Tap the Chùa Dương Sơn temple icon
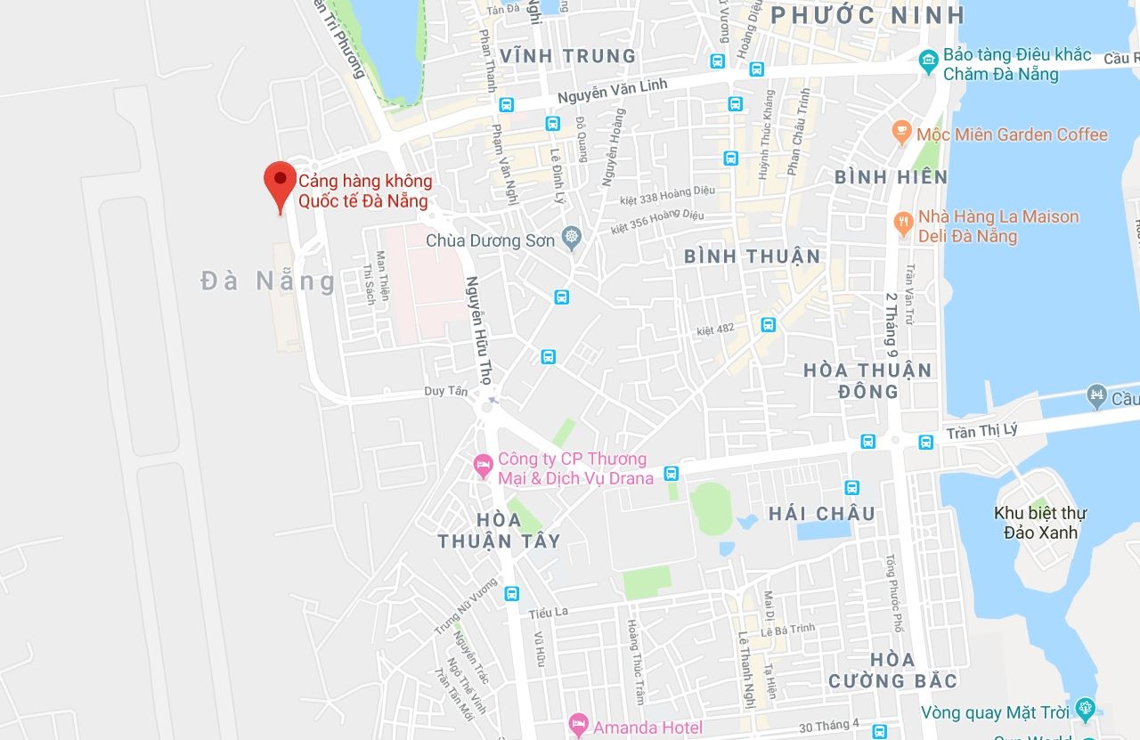(571, 239)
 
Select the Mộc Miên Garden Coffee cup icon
(901, 134)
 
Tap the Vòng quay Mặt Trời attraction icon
(1085, 709)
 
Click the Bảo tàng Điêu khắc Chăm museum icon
(928, 61)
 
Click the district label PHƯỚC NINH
(868, 15)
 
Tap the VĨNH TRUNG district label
(568, 55)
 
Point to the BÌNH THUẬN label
(752, 256)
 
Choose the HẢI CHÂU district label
(821, 513)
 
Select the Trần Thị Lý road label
(986, 431)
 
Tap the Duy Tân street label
(445, 391)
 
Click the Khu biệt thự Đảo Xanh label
(1039, 523)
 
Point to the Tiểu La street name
(548, 613)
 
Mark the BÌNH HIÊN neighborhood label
(891, 177)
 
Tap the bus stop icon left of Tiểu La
(511, 593)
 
